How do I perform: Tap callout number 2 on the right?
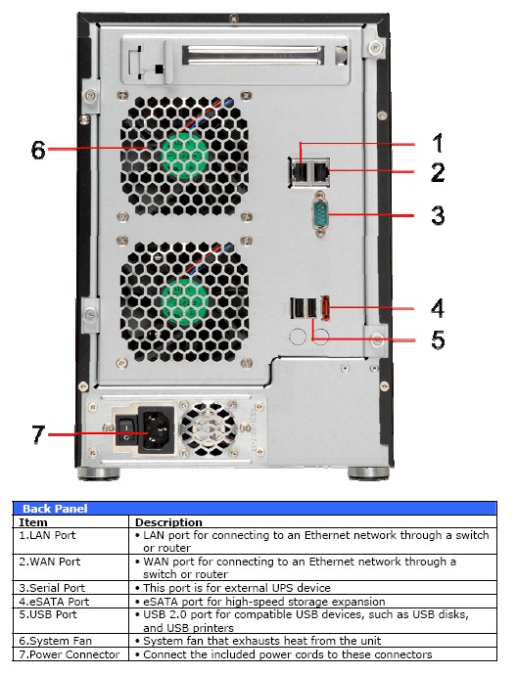point(438,173)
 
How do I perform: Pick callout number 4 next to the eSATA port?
point(438,308)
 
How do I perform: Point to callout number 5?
point(438,340)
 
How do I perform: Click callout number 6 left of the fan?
point(37,150)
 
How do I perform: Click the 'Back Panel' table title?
point(55,509)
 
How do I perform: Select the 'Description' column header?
point(167,522)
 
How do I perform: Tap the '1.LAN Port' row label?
point(48,535)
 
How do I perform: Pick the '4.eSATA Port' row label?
point(55,602)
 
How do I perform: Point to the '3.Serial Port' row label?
point(53,588)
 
